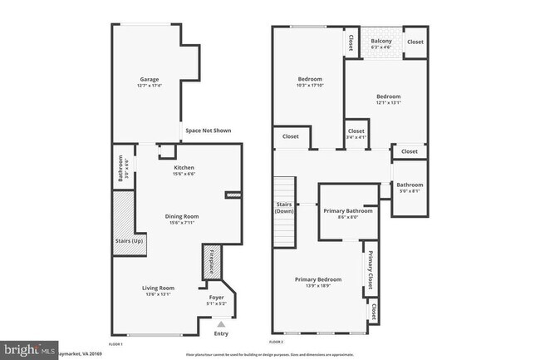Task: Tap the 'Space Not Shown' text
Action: pyautogui.click(x=208, y=131)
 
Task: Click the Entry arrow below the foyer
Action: pyautogui.click(x=220, y=325)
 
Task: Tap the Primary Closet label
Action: pyautogui.click(x=371, y=266)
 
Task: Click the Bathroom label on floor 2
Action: pyautogui.click(x=409, y=187)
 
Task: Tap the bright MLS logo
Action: pyautogui.click(x=29, y=348)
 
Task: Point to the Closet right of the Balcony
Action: pyautogui.click(x=415, y=42)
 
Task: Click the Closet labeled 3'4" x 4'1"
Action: pyautogui.click(x=356, y=133)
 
